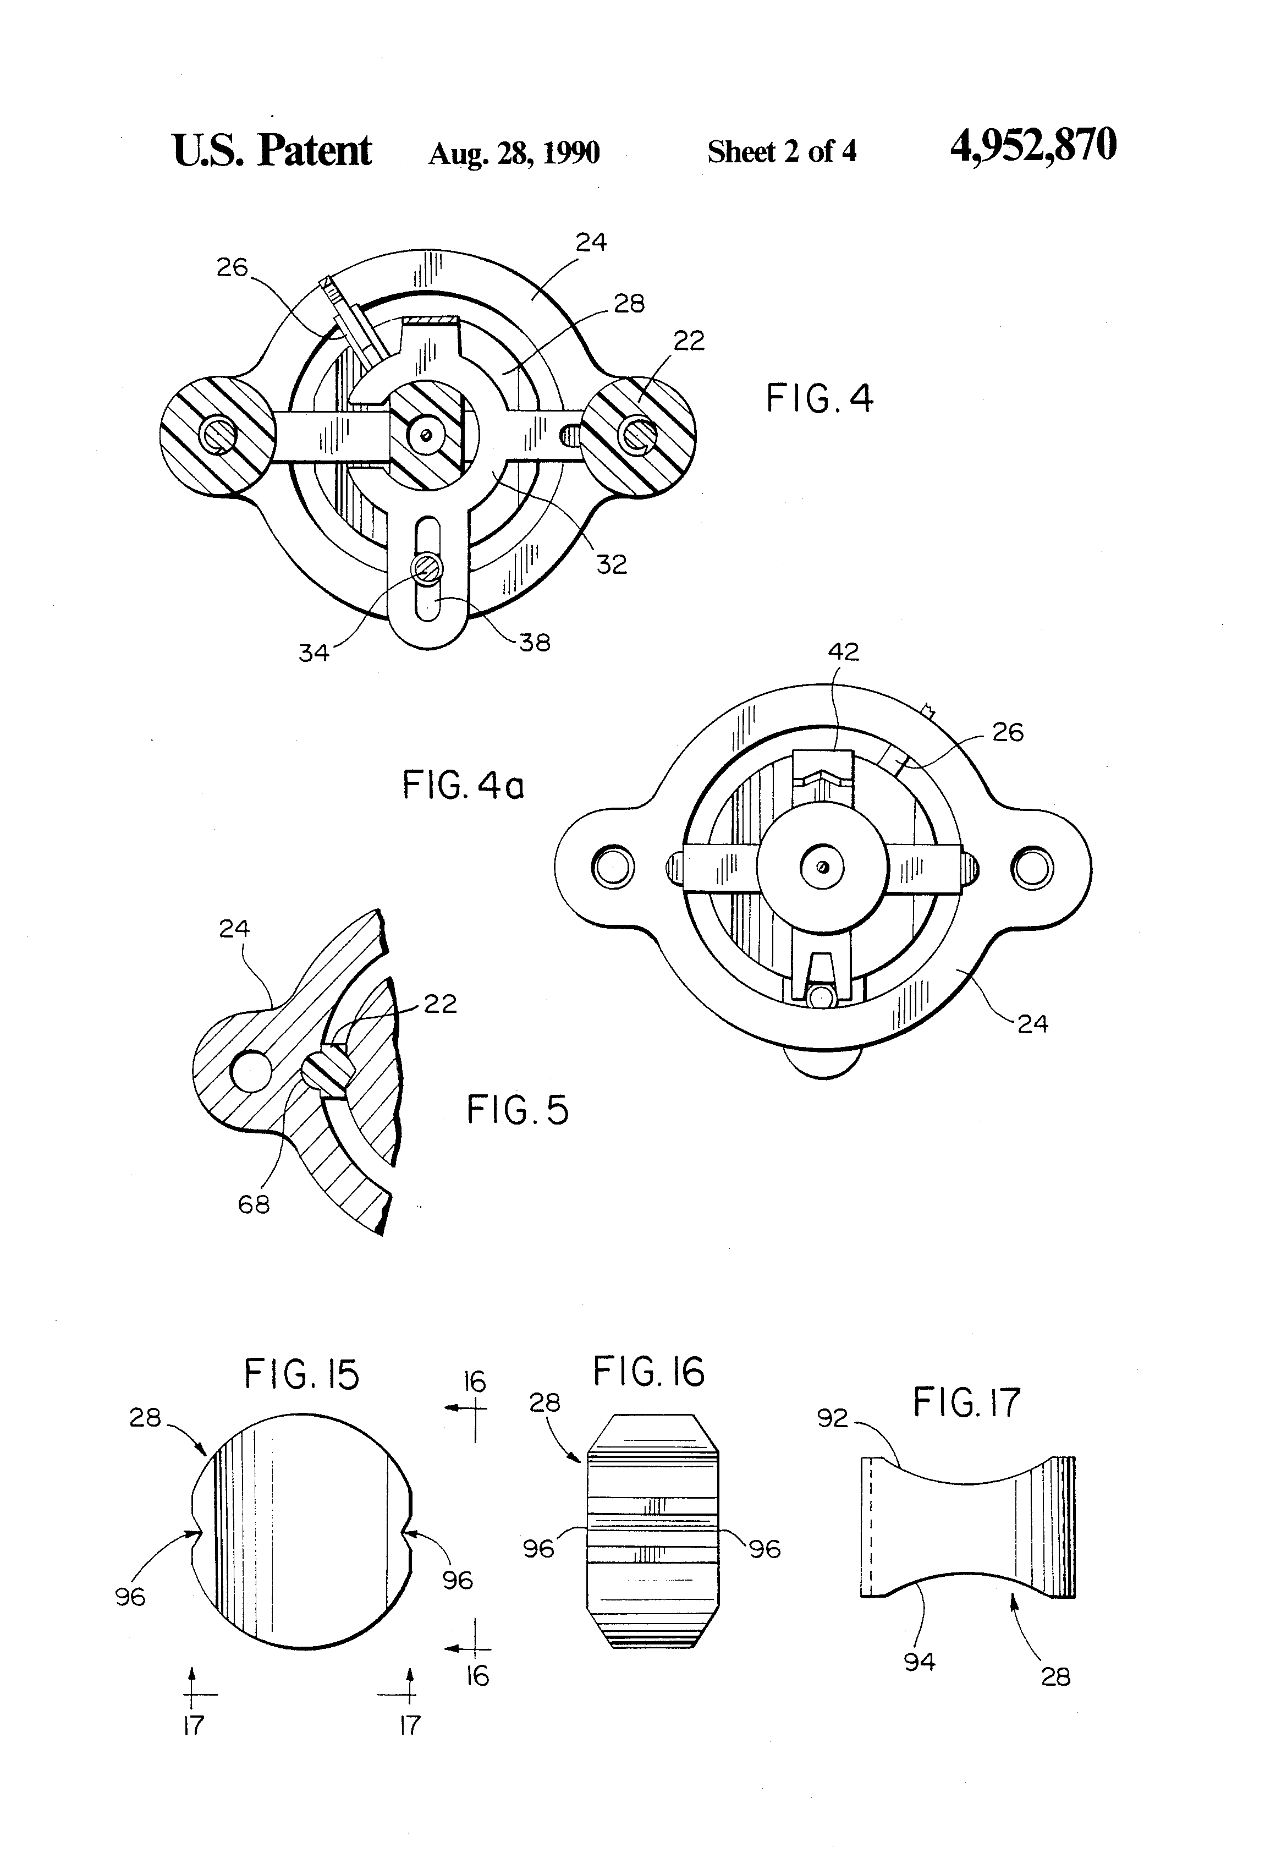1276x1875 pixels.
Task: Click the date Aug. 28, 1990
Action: click(514, 152)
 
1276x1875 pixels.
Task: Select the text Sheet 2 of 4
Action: click(781, 152)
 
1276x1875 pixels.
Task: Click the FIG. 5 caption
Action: click(517, 1110)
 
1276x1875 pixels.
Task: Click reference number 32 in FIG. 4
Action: click(610, 564)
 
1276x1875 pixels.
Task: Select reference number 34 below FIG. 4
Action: click(313, 653)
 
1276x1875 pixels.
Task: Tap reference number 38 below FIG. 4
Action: click(534, 643)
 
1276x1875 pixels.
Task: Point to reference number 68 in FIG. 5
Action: click(253, 1204)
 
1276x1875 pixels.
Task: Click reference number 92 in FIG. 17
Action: click(832, 1418)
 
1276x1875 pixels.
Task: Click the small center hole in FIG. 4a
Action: click(822, 867)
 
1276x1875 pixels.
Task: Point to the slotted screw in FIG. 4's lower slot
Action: click(426, 569)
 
